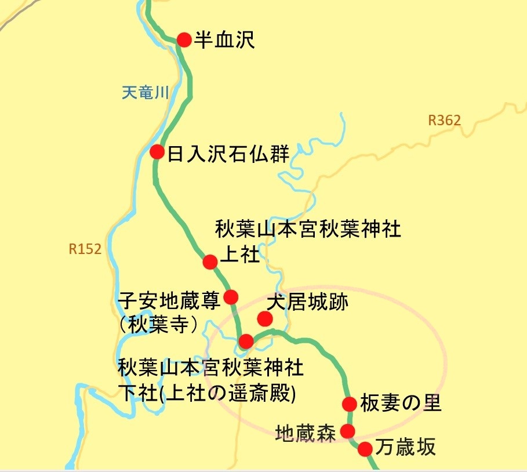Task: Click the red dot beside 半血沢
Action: pyautogui.click(x=184, y=39)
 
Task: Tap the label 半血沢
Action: pyautogui.click(x=224, y=40)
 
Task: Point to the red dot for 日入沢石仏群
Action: pyautogui.click(x=157, y=152)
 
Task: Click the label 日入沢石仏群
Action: pyautogui.click(x=228, y=154)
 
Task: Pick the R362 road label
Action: pyautogui.click(x=444, y=121)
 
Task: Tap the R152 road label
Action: pyautogui.click(x=85, y=249)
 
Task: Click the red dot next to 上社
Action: pyautogui.click(x=210, y=262)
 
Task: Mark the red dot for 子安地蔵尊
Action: pyautogui.click(x=231, y=297)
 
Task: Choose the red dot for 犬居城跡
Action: pyautogui.click(x=265, y=318)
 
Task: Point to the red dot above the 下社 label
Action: pyautogui.click(x=246, y=340)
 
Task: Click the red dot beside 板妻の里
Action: pyautogui.click(x=349, y=404)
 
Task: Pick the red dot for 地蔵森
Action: pyautogui.click(x=347, y=431)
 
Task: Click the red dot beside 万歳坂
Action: pyautogui.click(x=365, y=449)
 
